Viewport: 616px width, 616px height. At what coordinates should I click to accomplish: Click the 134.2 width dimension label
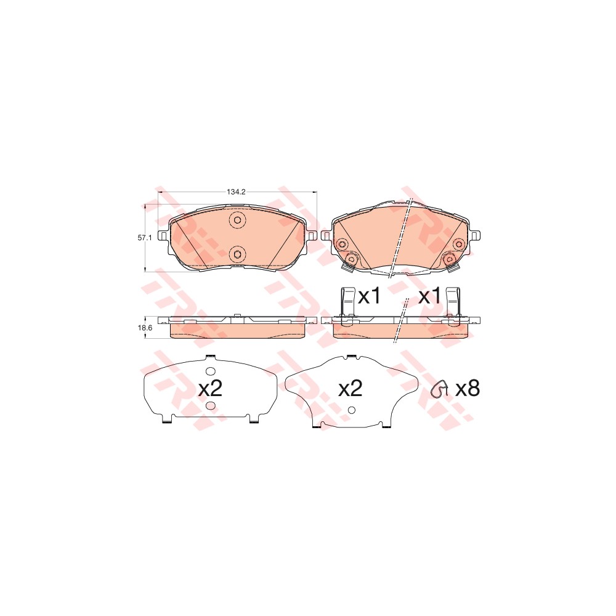[237, 192]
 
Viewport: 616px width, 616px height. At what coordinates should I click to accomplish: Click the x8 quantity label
[466, 388]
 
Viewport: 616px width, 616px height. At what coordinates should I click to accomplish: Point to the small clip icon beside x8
[439, 390]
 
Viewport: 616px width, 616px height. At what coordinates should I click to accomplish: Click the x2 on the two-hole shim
[209, 389]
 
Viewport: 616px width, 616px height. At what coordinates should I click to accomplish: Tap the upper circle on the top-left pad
[237, 221]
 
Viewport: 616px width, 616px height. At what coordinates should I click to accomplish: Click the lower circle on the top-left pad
[237, 253]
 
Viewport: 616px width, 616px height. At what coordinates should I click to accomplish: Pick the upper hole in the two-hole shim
[209, 371]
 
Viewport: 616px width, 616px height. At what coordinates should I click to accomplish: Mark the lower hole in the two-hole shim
[209, 406]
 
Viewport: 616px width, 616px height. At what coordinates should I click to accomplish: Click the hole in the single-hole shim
[351, 411]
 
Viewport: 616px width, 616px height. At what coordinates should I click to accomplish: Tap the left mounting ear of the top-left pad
[163, 235]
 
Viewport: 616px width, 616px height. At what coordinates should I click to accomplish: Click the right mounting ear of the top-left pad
[311, 235]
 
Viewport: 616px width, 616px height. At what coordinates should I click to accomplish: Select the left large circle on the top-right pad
[343, 244]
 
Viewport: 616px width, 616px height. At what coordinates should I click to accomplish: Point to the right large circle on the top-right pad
[458, 244]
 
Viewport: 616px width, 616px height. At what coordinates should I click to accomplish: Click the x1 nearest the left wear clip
[369, 297]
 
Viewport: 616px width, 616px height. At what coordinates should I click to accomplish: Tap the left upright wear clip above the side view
[346, 302]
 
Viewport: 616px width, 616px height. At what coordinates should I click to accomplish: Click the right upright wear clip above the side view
[453, 302]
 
